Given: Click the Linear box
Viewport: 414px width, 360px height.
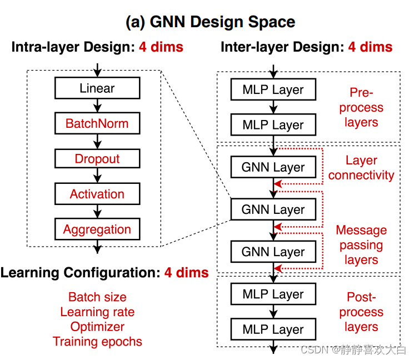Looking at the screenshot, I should (97, 88).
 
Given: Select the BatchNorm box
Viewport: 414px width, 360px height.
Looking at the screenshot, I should (97, 123).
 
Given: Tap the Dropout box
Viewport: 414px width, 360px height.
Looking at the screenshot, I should (97, 159).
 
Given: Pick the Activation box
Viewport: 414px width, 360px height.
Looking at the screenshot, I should (97, 194).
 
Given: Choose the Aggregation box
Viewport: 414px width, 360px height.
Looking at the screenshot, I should (97, 229).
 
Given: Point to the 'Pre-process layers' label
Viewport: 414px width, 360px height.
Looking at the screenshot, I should (361, 107).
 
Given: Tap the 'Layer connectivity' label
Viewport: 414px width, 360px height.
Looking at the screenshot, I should (361, 168).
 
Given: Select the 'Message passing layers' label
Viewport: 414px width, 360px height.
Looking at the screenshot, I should (361, 245).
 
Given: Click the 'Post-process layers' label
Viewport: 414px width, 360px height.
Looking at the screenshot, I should (361, 312).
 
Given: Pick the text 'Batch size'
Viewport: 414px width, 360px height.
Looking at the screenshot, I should (97, 297).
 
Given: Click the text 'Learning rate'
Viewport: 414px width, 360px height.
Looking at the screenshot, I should (97, 312).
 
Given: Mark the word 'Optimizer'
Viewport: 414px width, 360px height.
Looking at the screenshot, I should (97, 327).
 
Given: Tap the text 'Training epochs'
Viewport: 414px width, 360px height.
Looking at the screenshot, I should (97, 342).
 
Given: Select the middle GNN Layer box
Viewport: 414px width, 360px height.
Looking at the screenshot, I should (273, 210).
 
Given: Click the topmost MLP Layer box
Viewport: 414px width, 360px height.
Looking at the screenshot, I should (273, 89).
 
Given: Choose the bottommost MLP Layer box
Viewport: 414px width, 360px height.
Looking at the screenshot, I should (273, 329).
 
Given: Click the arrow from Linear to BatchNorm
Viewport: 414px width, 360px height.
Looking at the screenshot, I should (97, 106).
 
